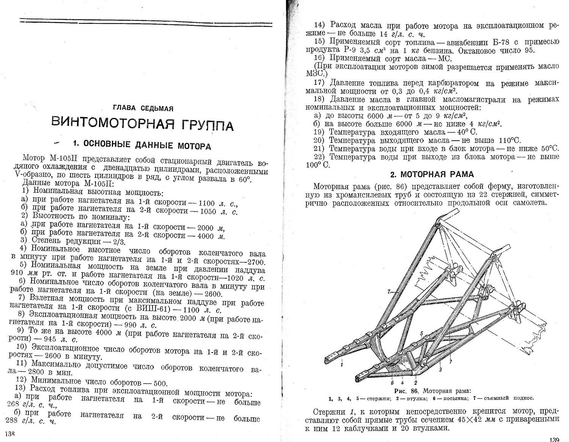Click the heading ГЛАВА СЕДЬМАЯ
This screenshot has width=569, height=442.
[143, 108]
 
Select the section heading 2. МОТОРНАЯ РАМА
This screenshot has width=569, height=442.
[432, 174]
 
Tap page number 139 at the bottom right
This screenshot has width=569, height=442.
[554, 439]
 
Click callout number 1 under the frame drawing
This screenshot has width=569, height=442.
[342, 365]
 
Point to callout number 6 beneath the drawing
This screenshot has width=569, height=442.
[392, 378]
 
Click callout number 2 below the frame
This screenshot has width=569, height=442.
[415, 378]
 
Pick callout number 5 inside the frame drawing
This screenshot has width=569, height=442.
[421, 333]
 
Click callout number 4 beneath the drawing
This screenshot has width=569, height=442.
[402, 378]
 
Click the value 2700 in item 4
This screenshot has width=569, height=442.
[256, 262]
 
